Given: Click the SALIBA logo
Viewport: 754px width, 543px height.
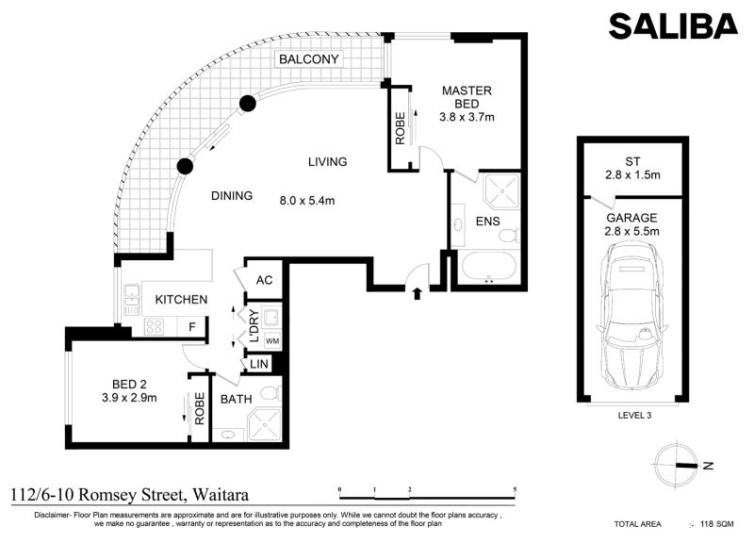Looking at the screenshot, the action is [673, 26].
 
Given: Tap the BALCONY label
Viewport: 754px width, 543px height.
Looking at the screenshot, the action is [309, 59].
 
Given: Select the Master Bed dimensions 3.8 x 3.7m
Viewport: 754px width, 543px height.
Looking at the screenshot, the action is [467, 117].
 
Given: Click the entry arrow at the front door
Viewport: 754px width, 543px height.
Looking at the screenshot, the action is [417, 293].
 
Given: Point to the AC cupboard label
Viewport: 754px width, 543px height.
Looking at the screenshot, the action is [264, 280].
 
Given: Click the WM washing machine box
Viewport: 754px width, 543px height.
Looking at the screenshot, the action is [272, 341].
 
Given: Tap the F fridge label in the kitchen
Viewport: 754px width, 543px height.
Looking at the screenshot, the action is [192, 327].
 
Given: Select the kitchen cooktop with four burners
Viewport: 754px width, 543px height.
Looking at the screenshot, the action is [154, 326].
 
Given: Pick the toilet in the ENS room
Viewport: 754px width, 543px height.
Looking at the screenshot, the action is [508, 236].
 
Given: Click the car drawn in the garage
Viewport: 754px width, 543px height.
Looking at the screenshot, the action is [631, 320].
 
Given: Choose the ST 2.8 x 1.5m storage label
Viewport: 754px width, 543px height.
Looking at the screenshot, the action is [632, 169].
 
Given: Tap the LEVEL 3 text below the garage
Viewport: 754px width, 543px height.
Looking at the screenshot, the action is [634, 415].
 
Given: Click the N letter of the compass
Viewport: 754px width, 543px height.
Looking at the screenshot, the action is [708, 466].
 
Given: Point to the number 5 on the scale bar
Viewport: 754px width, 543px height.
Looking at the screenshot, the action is [515, 490].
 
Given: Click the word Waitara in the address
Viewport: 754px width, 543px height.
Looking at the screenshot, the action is [221, 494].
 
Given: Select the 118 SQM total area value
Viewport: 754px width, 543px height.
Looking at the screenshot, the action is [717, 524].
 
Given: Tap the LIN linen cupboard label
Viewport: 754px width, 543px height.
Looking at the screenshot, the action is [258, 364].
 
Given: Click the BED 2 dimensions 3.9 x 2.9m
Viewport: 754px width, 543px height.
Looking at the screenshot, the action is [129, 398].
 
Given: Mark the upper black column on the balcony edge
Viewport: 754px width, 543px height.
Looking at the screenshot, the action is [248, 104].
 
